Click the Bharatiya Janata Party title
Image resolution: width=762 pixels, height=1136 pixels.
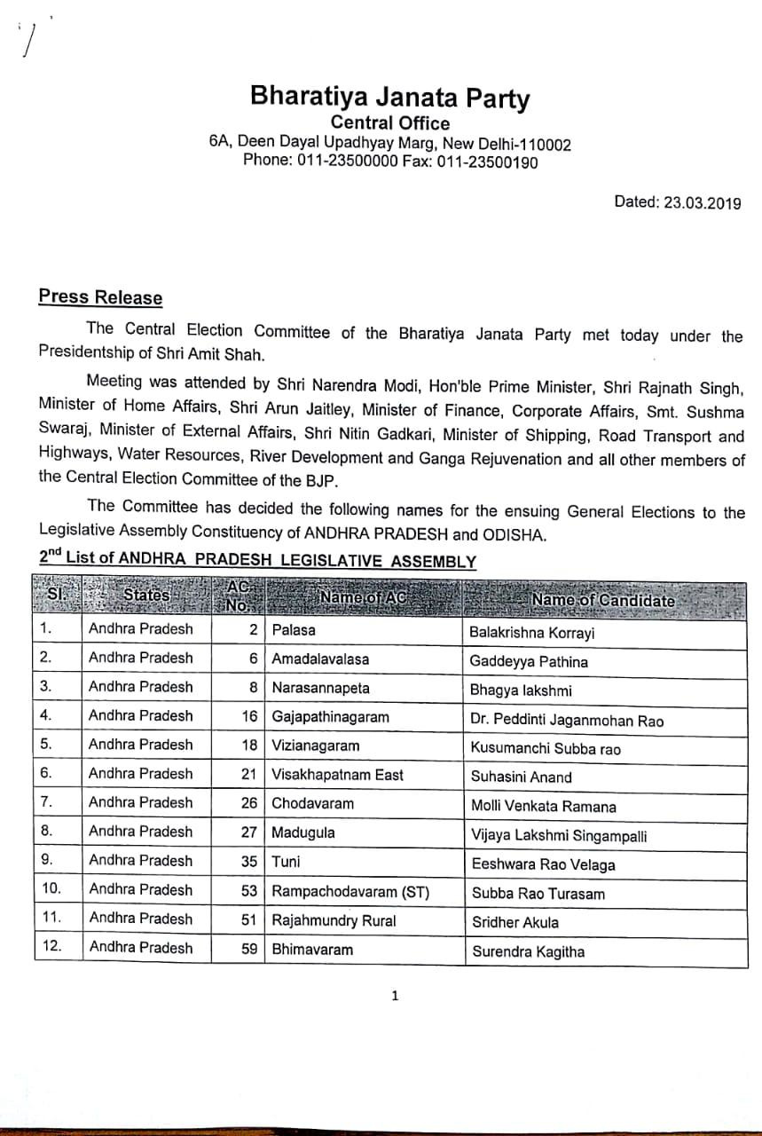tap(389, 97)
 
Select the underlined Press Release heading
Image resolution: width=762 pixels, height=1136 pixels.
tap(100, 297)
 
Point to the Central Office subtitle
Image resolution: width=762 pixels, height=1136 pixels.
tap(389, 123)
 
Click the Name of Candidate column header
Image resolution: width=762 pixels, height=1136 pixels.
tap(603, 600)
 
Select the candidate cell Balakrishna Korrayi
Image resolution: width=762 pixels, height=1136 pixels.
tap(533, 633)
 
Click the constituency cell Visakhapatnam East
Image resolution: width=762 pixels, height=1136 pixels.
tap(337, 775)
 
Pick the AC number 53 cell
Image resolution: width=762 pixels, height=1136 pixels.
tap(249, 891)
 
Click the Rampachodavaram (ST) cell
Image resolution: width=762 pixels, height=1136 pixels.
tap(350, 891)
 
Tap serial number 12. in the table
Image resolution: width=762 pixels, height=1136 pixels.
tap(52, 946)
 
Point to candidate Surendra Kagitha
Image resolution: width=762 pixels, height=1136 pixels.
tap(529, 952)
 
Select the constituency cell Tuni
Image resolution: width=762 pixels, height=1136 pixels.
tap(286, 861)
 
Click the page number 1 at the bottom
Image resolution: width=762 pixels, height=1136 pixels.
tap(396, 996)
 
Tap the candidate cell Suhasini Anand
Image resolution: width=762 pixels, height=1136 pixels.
tap(522, 777)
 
